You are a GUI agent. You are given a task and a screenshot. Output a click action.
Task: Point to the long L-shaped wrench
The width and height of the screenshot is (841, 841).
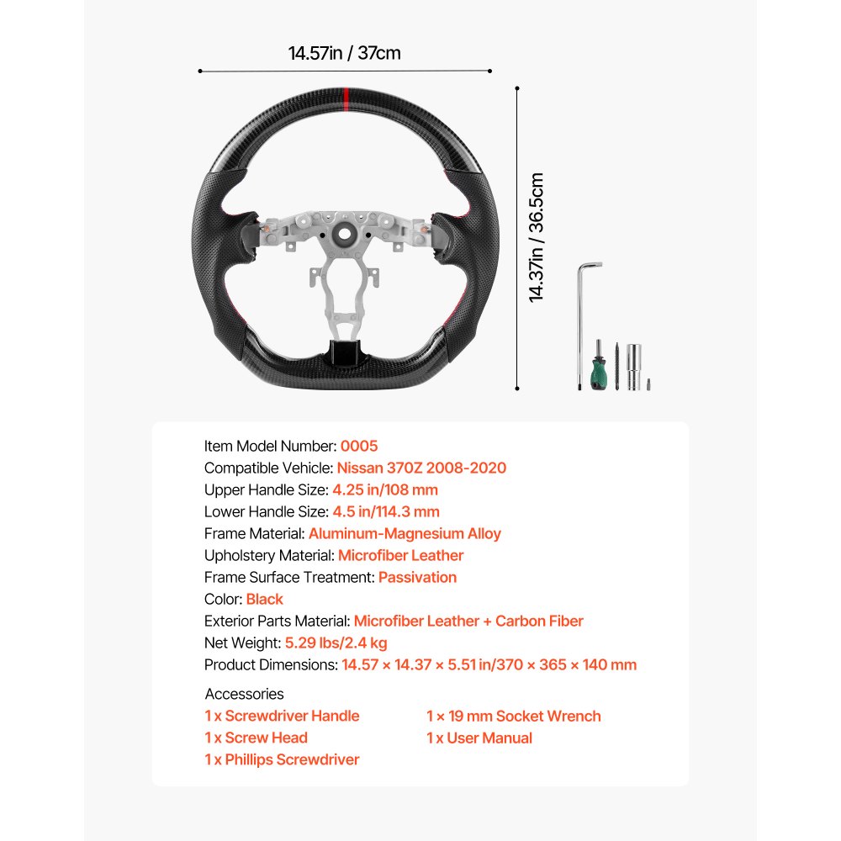(582, 320)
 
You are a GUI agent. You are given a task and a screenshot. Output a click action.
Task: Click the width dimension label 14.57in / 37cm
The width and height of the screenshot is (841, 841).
(345, 53)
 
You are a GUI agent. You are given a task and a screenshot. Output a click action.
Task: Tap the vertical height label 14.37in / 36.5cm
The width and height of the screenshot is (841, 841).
(536, 237)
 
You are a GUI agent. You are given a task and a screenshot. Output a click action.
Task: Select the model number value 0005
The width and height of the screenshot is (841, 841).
(359, 446)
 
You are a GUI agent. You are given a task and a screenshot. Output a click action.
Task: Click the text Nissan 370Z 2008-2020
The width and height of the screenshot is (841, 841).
(421, 468)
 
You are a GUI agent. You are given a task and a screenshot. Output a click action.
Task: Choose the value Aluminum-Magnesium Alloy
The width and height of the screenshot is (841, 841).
(405, 533)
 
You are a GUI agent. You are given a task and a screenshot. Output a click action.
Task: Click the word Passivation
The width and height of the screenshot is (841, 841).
(417, 577)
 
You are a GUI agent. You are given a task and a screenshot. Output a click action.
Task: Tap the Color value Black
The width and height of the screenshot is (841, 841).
(264, 599)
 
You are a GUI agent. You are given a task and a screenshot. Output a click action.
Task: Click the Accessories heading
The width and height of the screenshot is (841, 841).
(244, 694)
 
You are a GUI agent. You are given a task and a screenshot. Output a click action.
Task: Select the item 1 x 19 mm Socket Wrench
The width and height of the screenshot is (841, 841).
(513, 716)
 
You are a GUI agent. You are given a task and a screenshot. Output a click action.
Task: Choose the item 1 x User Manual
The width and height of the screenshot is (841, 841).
(479, 738)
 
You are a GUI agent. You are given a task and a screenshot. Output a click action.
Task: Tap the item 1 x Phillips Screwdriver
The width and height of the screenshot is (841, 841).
(282, 759)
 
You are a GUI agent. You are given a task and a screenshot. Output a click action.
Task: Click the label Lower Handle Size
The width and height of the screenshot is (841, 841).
(264, 511)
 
